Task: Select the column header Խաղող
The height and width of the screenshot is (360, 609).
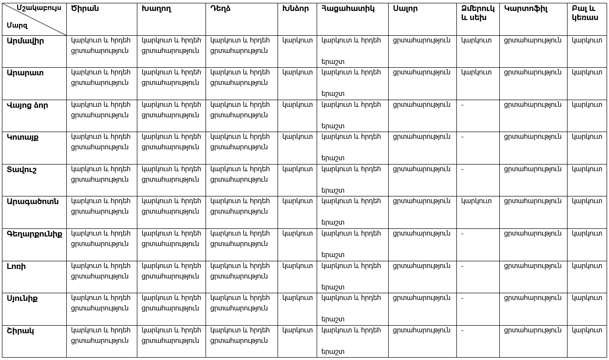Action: (156, 9)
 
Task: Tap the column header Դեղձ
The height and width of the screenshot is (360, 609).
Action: (220, 9)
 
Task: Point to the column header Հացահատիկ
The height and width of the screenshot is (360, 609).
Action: (348, 9)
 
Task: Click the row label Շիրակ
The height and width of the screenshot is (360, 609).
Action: (20, 331)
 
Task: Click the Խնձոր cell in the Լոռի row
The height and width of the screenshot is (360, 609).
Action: (297, 266)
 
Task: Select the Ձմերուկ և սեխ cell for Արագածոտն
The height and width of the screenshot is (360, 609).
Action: (476, 201)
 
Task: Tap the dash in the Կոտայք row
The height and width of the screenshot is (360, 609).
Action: (463, 137)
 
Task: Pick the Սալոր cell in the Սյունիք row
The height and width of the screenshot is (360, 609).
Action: (421, 298)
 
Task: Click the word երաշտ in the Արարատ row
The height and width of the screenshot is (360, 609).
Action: (332, 93)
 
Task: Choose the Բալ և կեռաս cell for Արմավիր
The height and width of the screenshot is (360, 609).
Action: (587, 41)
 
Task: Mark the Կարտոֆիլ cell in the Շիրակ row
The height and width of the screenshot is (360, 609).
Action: (532, 330)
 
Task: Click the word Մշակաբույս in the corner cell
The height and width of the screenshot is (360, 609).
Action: (39, 8)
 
